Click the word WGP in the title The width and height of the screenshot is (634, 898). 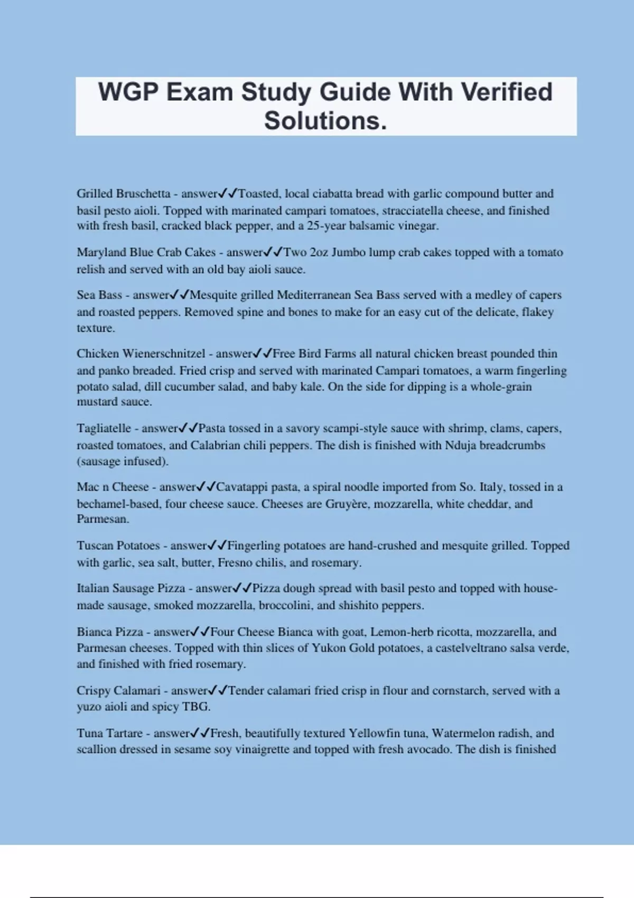click(128, 92)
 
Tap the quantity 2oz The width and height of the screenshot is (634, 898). click(319, 252)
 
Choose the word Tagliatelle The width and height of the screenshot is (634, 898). click(104, 428)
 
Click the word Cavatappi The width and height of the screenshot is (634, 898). click(241, 487)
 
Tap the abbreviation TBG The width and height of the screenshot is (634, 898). click(195, 707)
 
